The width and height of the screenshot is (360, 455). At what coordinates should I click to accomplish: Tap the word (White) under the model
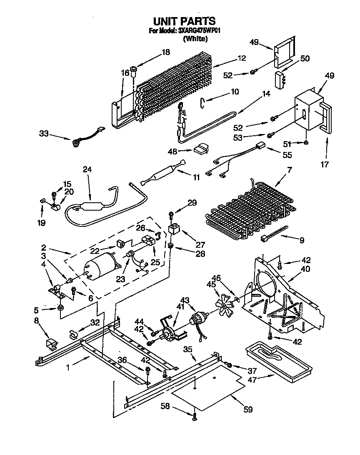195,39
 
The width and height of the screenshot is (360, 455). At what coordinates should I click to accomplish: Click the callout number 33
44,134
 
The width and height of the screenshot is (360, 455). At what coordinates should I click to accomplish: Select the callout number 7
290,169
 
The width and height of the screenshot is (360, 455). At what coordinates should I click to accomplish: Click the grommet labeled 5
61,308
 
